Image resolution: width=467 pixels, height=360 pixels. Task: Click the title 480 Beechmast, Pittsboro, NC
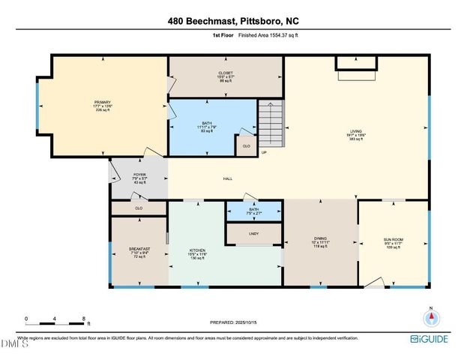(233, 24)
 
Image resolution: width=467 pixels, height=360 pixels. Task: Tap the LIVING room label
(356, 131)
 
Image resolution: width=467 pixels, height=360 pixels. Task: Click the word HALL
(228, 178)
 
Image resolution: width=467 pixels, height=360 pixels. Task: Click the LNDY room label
(253, 234)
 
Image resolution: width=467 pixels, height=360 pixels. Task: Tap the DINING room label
(320, 241)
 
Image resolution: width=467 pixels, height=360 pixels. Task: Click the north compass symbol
(430, 316)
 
